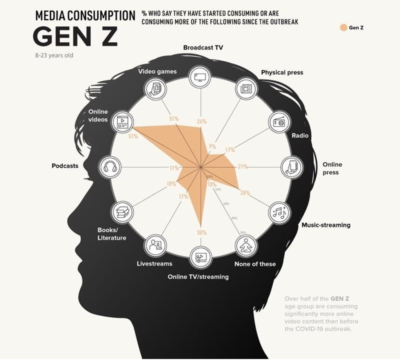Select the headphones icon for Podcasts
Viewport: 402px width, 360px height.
(110, 166)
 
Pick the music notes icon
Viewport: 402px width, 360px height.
(278, 212)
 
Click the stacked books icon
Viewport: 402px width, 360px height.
(122, 212)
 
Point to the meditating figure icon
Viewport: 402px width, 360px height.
(246, 244)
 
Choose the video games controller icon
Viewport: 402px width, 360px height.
(154, 89)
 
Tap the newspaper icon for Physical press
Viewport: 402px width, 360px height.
(245, 88)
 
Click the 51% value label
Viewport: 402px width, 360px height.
(133, 136)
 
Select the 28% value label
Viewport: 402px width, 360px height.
(245, 193)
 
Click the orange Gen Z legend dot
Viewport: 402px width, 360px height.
(343, 27)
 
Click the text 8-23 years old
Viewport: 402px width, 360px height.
(54, 55)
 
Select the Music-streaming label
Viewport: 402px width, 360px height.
(325, 225)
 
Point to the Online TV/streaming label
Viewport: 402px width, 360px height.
(198, 277)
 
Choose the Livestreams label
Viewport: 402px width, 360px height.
(154, 263)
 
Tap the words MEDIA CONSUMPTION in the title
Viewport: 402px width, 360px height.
(85, 14)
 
